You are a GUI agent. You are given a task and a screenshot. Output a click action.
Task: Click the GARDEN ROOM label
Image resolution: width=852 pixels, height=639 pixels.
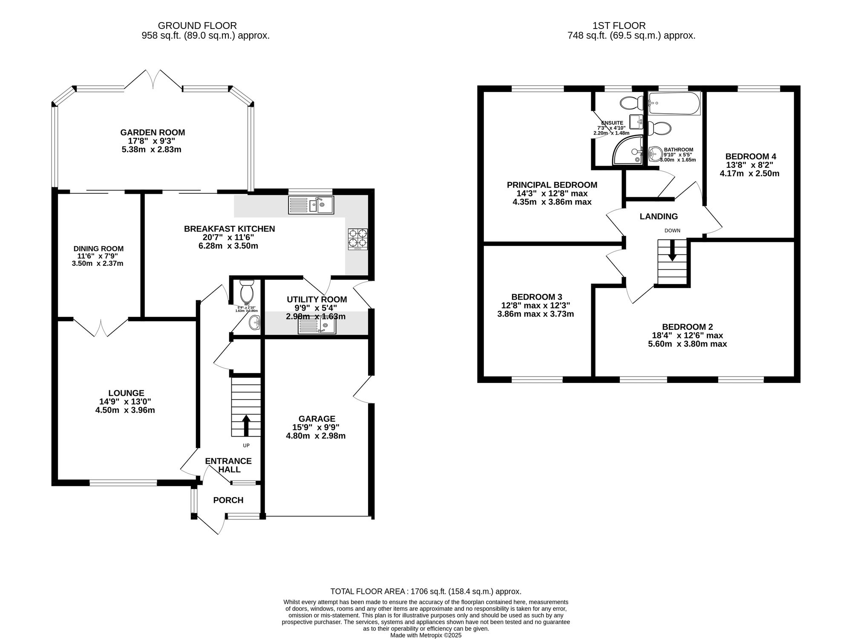[x=153, y=132]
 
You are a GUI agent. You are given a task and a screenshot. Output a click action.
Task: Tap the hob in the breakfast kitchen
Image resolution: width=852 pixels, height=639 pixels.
[x=358, y=239]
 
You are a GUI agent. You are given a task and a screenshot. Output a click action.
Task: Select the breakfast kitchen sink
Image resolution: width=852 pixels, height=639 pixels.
[x=311, y=205]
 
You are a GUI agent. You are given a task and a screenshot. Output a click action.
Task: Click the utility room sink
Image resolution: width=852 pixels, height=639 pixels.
[x=317, y=327]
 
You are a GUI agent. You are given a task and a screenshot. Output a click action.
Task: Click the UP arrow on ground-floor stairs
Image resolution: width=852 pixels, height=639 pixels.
[x=246, y=426]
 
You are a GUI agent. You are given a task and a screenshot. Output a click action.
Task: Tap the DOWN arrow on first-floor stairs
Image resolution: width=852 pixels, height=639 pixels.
[x=672, y=250]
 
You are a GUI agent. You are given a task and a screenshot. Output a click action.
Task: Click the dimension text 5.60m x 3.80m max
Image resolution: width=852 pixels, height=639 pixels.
[x=687, y=344]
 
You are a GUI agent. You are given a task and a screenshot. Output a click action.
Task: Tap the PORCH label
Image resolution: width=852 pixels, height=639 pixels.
[x=228, y=500]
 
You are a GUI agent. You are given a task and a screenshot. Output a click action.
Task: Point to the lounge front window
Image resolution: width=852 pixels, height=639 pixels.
[x=123, y=483]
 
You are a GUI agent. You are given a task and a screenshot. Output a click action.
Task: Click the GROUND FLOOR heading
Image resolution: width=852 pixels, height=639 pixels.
[x=197, y=26]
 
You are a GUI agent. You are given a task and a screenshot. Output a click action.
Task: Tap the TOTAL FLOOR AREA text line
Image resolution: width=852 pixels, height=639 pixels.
[x=426, y=591]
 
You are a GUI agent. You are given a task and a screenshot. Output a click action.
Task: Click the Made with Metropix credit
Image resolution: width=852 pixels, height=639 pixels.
[x=426, y=635]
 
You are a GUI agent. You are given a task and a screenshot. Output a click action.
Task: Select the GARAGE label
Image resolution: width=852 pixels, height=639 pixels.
[x=317, y=419]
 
